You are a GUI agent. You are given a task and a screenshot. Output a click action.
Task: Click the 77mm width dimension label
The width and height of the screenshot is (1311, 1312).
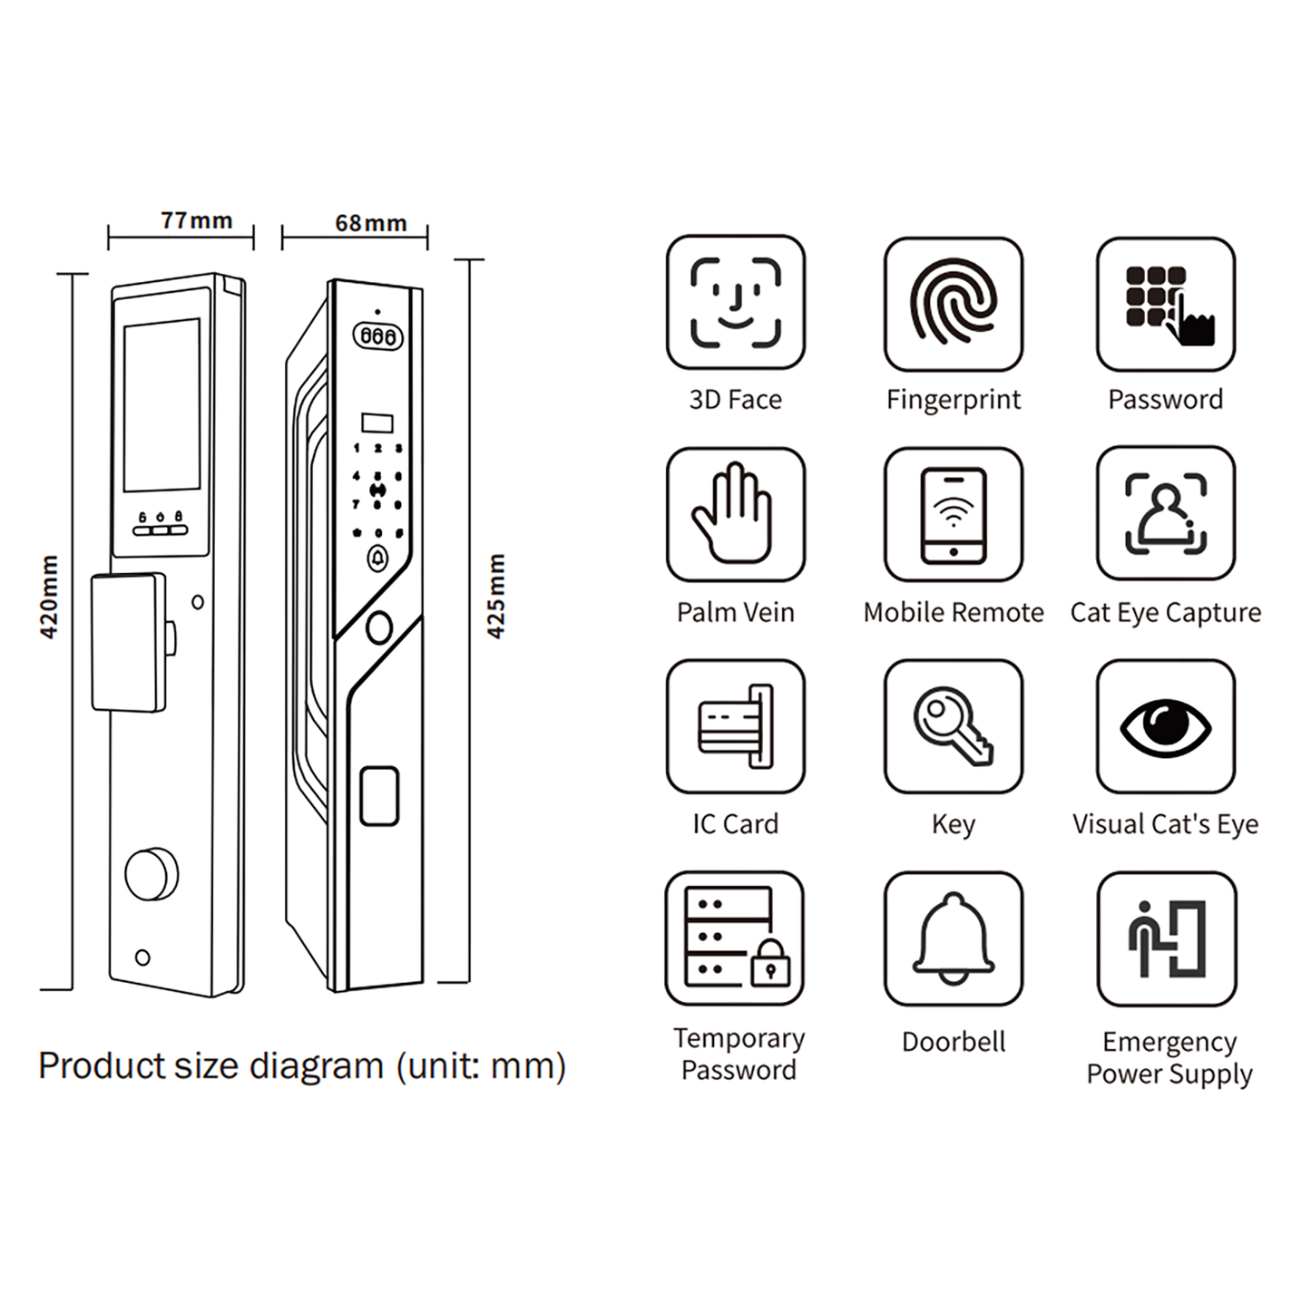click(x=197, y=220)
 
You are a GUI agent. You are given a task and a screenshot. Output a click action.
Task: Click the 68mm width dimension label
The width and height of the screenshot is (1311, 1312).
click(x=370, y=223)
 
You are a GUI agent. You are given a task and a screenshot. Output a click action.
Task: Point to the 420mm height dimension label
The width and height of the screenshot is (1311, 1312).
click(x=49, y=597)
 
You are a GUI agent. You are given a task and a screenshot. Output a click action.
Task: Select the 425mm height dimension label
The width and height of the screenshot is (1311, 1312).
click(x=495, y=596)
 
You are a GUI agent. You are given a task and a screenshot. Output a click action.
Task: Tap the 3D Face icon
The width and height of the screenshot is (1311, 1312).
click(x=735, y=303)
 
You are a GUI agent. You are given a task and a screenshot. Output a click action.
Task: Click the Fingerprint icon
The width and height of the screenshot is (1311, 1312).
click(x=953, y=304)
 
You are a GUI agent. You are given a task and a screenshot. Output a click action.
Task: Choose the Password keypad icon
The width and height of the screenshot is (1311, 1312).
click(x=1165, y=304)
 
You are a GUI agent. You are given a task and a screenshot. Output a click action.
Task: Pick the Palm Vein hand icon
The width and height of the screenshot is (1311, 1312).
click(x=735, y=514)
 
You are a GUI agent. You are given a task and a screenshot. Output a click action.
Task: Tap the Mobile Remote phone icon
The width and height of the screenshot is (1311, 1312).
click(x=953, y=514)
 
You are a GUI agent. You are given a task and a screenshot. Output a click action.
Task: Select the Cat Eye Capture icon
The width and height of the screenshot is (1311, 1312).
click(x=1165, y=513)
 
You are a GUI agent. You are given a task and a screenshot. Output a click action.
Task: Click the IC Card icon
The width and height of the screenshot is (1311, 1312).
click(x=735, y=726)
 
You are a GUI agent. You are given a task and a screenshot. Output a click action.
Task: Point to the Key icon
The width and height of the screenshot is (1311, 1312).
click(x=953, y=726)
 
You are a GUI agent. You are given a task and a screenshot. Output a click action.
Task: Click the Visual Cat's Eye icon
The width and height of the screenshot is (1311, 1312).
click(x=1165, y=726)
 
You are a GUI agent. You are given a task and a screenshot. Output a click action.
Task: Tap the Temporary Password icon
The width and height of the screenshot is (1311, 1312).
click(x=735, y=938)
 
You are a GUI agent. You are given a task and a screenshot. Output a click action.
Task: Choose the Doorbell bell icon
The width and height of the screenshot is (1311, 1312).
click(x=953, y=938)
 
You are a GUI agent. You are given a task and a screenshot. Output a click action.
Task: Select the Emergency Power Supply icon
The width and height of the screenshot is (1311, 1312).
click(x=1166, y=938)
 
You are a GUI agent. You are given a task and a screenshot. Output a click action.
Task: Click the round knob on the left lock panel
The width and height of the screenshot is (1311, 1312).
click(x=151, y=874)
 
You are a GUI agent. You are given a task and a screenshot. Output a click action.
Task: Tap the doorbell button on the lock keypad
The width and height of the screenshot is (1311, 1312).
click(x=377, y=559)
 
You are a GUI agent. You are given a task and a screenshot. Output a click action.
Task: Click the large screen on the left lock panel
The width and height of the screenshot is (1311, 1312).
click(x=161, y=404)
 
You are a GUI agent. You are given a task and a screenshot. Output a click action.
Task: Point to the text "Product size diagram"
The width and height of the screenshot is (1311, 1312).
click(x=210, y=1066)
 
